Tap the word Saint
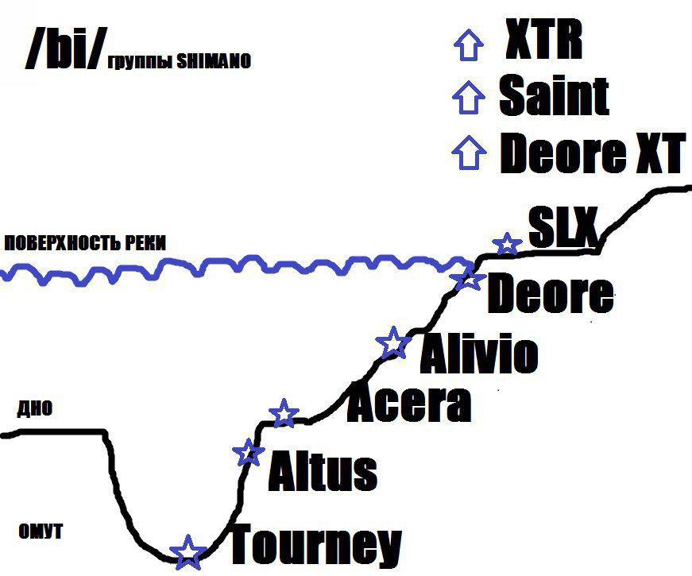[x=554, y=95]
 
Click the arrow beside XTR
[x=467, y=45]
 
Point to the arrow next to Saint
[x=467, y=99]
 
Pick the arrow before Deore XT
[x=468, y=152]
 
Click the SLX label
[x=562, y=230]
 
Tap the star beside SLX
[x=506, y=244]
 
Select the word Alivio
[x=478, y=354]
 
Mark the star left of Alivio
[x=392, y=343]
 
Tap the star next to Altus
[x=249, y=452]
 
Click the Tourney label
[x=315, y=545]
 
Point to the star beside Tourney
[x=187, y=552]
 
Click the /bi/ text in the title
[x=63, y=49]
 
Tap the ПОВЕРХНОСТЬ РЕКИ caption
[x=85, y=244]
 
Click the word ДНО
[x=35, y=409]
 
